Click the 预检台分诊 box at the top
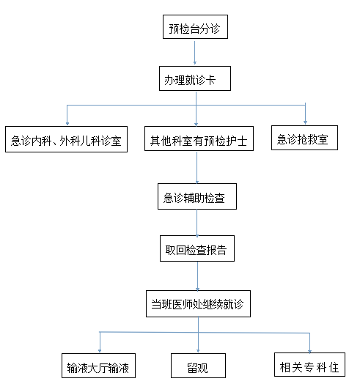(195, 26)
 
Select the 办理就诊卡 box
(195, 78)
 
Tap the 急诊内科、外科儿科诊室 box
(66, 139)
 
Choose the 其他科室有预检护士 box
(199, 139)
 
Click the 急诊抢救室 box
(304, 138)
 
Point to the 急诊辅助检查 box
(197, 196)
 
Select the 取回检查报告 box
(197, 248)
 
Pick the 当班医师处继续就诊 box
(198, 303)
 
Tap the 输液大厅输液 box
(98, 366)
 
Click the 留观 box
(198, 366)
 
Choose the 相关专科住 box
(309, 364)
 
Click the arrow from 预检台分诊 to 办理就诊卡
(195, 53)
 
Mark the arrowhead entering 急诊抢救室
(305, 122)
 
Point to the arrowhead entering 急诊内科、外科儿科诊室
(67, 123)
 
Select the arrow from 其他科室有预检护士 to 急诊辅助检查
(196, 168)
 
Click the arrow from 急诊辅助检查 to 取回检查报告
(197, 223)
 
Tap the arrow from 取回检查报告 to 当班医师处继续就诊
(197, 276)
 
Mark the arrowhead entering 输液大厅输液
(100, 351)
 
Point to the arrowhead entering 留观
(198, 351)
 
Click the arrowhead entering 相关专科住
(309, 352)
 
